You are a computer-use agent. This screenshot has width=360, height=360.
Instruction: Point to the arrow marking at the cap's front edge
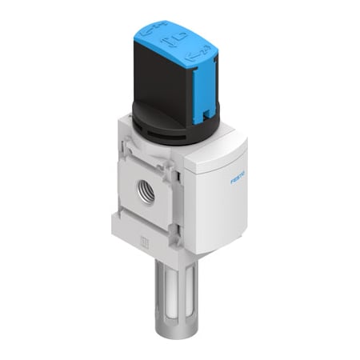(191, 57)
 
